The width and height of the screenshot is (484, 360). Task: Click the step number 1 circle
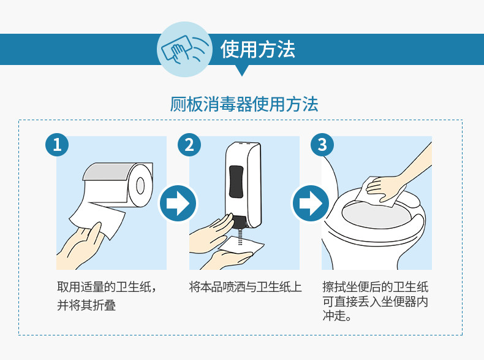(x=57, y=145)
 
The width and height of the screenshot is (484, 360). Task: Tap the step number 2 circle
(x=189, y=145)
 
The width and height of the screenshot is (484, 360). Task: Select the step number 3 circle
(x=322, y=145)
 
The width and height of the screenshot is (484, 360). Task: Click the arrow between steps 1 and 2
(x=178, y=204)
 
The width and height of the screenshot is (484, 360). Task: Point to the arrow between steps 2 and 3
(x=311, y=204)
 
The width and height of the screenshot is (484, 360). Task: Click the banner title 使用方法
(x=258, y=50)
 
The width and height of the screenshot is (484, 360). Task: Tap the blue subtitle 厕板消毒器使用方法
(x=244, y=104)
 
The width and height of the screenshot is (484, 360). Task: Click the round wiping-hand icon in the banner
(x=184, y=49)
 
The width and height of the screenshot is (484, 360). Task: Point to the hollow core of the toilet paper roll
(x=140, y=186)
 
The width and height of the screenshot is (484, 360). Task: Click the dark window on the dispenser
(x=236, y=182)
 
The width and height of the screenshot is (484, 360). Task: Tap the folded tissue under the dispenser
(x=241, y=246)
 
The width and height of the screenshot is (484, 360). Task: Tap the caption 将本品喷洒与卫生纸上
(x=245, y=287)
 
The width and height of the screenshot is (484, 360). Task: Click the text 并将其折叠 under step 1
(x=86, y=305)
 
